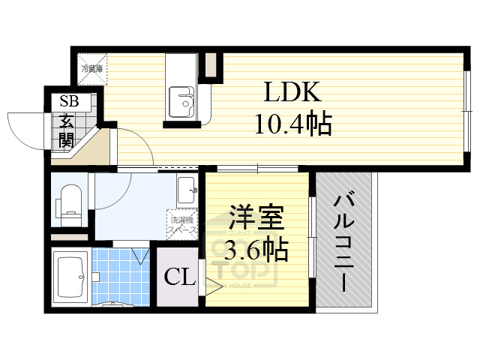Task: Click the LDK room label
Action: (x=292, y=93)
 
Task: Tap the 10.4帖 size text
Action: (x=292, y=124)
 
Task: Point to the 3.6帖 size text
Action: (x=256, y=250)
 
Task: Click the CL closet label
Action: (x=180, y=278)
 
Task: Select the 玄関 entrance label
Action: (x=65, y=130)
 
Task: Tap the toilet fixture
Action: (x=70, y=202)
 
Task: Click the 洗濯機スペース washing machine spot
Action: (x=183, y=224)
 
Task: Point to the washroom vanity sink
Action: (x=187, y=191)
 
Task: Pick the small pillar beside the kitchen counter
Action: (x=211, y=64)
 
